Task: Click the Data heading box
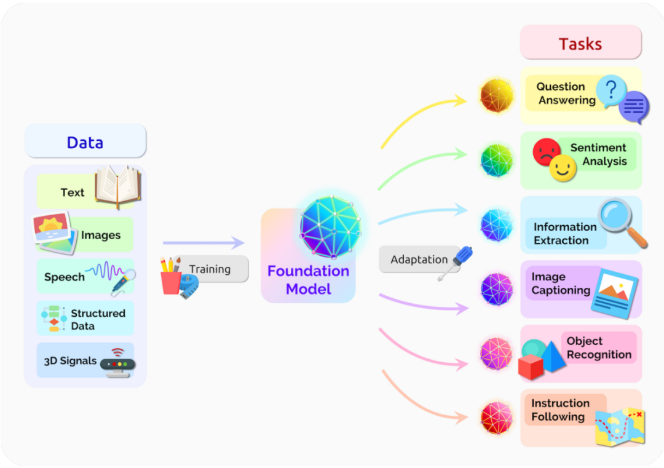[85, 143]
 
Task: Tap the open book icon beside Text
[118, 186]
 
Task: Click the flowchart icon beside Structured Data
[54, 318]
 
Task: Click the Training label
[210, 269]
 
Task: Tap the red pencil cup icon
[171, 280]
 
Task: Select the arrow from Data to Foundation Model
[204, 244]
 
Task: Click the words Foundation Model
[308, 280]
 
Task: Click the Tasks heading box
[580, 44]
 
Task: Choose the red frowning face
[547, 152]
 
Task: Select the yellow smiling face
[563, 169]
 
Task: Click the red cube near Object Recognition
[531, 367]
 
